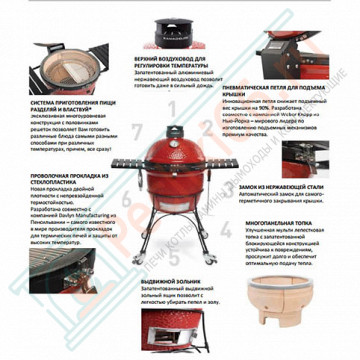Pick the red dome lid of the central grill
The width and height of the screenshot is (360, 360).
[x=177, y=164]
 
